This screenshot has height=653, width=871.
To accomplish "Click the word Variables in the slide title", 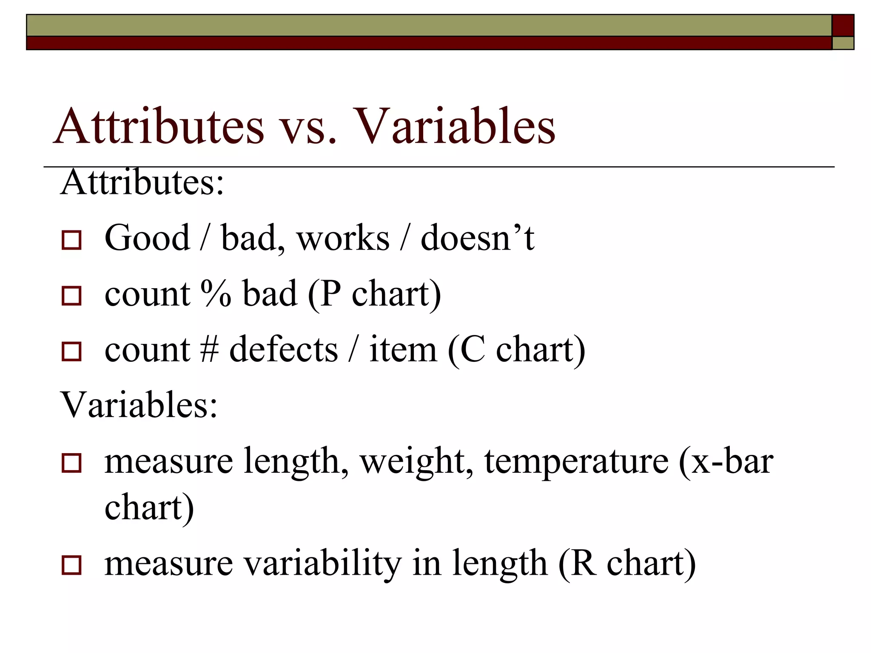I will click(x=454, y=126).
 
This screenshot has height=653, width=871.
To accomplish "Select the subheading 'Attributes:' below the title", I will click(x=142, y=182).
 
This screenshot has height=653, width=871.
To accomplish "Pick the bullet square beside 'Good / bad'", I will click(x=71, y=240).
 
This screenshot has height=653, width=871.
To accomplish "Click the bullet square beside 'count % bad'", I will click(x=71, y=296).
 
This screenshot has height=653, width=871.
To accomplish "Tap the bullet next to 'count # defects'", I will click(x=71, y=352).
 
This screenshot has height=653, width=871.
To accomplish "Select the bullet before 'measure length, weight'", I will click(x=71, y=463).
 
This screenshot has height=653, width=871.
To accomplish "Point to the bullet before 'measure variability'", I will click(x=71, y=565).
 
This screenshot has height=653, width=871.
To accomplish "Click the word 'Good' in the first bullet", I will click(x=147, y=238).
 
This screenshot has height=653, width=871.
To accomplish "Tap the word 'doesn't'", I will click(x=477, y=238).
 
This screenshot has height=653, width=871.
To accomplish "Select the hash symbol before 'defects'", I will click(x=209, y=349).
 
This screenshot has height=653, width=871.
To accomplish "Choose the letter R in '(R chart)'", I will click(x=582, y=563).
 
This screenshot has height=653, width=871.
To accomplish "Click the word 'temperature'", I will click(x=576, y=461).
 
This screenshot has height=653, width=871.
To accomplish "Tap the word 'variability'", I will click(x=322, y=563).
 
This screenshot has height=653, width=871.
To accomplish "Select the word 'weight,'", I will click(x=416, y=461).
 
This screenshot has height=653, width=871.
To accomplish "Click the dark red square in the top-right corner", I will click(x=843, y=25).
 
